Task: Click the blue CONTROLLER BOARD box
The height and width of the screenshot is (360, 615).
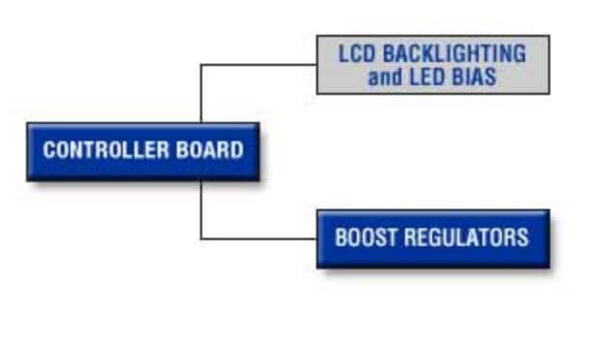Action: pos(143,151)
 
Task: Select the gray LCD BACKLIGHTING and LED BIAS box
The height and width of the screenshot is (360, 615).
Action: pos(432,65)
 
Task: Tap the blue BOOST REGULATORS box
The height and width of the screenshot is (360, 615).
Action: pos(432,238)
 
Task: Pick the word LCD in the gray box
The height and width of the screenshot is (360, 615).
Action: pos(356,53)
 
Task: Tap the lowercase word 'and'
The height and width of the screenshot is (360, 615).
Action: pos(385,77)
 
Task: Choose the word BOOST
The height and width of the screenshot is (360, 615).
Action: pos(364,237)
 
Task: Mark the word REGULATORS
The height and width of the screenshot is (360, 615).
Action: pos(464,237)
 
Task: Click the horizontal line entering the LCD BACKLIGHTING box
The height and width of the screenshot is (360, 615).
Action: pos(259,65)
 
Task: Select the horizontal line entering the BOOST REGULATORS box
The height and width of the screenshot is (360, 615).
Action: pos(259,238)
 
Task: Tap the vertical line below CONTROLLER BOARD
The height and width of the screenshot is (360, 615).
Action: pos(201,209)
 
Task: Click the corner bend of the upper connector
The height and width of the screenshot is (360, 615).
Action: pos(201,65)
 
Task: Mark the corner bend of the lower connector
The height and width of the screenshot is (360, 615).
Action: pos(201,238)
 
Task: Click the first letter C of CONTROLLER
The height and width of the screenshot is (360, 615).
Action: pos(48,151)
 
